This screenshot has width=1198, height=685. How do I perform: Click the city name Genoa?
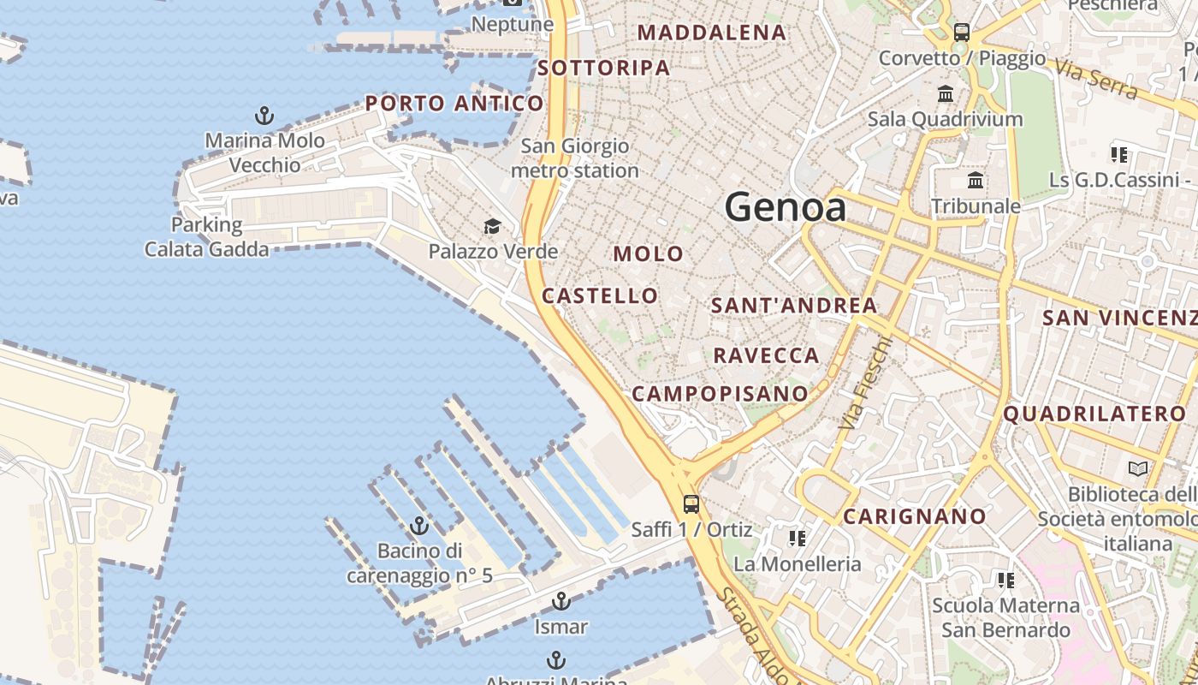[x=785, y=207]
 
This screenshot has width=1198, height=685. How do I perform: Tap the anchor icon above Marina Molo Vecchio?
[x=264, y=116]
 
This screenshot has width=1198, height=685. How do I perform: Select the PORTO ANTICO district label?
[x=454, y=104]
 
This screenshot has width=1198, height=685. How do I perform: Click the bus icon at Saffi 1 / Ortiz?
[x=691, y=504]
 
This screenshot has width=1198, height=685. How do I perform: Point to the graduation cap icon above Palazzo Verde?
[x=492, y=226]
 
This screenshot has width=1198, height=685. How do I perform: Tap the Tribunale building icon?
[x=975, y=181]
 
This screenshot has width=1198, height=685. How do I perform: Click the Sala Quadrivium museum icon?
[x=946, y=93]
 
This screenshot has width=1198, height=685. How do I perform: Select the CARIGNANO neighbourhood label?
[x=915, y=516]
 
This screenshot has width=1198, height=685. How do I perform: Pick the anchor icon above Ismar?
[x=560, y=601]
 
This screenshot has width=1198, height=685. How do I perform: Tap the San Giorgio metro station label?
[x=575, y=158]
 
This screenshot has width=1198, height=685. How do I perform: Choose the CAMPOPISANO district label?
[x=720, y=394]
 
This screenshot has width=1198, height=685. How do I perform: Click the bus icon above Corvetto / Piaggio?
[x=962, y=33]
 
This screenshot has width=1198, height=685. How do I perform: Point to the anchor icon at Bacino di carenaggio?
[x=419, y=526]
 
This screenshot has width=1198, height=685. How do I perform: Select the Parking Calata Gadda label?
[x=206, y=237]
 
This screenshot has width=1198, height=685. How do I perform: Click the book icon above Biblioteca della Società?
[x=1138, y=468]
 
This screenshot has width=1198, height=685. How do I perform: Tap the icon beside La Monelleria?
[x=798, y=539]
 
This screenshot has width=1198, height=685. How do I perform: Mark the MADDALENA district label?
[x=712, y=33]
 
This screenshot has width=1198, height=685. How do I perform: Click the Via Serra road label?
[x=1095, y=79]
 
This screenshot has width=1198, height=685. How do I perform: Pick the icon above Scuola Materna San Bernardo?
[x=1006, y=581]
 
